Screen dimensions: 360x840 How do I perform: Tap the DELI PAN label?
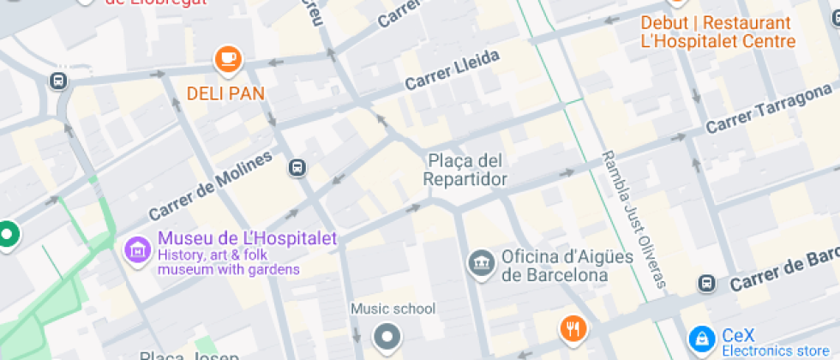coord(225,93)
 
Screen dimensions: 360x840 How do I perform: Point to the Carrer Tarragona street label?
coord(768,111)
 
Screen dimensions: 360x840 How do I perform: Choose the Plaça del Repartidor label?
coord(465,170)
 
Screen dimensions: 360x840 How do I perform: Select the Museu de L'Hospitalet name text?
coord(248,239)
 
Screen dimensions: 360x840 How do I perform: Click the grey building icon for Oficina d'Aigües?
coord(480,264)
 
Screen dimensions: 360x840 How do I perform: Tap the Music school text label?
coord(393,309)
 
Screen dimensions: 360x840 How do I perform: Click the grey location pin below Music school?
coord(387,336)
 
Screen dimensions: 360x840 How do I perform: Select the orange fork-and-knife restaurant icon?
coord(573,328)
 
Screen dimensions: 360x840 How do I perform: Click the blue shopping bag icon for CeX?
coord(702,339)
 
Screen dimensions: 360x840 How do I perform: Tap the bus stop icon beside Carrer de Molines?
coord(297,167)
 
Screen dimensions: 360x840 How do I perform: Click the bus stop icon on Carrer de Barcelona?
coord(706,283)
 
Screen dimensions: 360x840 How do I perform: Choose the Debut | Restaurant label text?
coord(716,23)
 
